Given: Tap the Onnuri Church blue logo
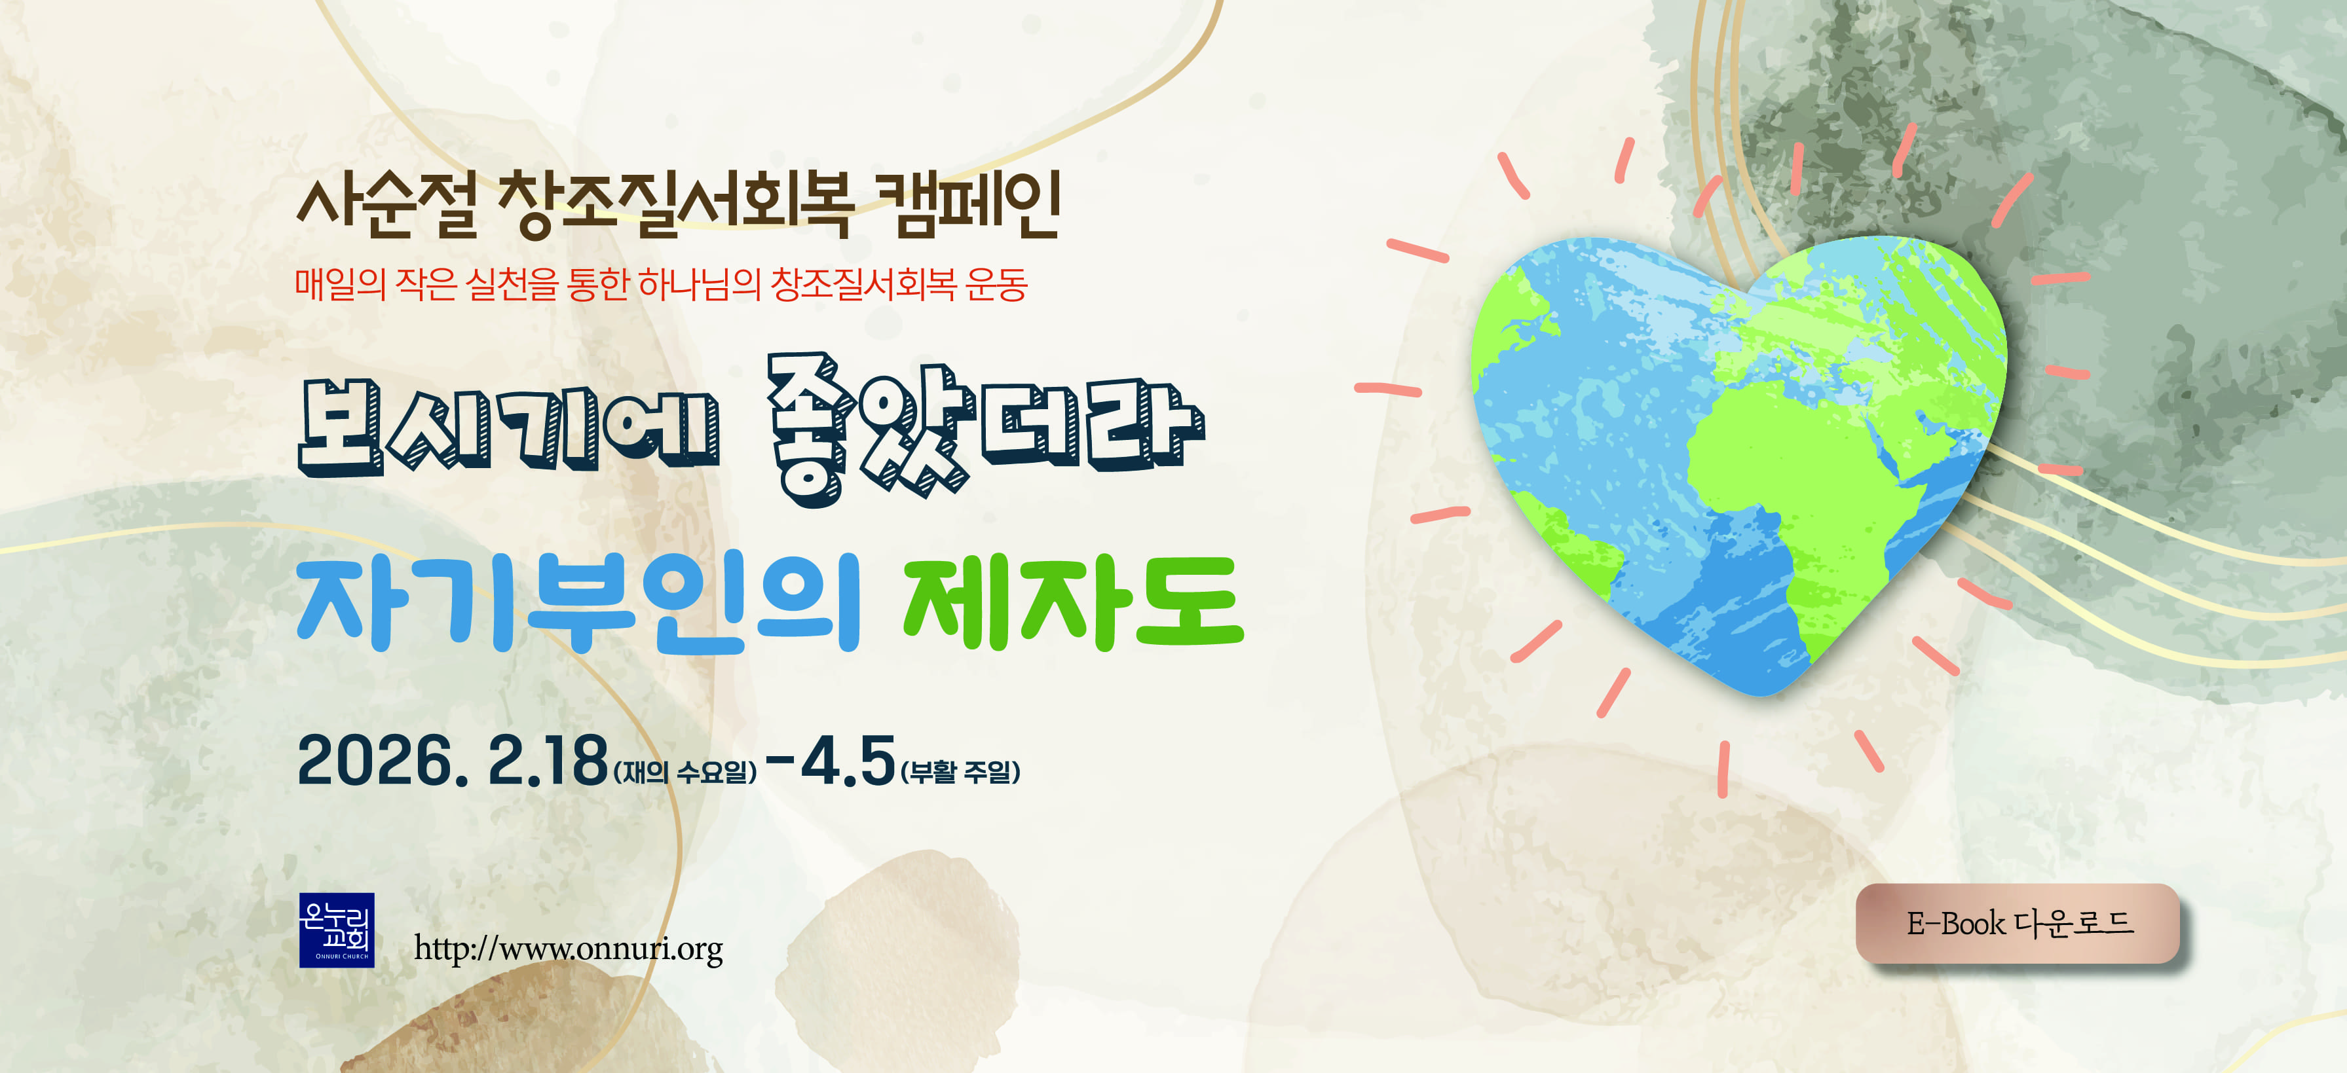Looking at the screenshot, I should point(336,930).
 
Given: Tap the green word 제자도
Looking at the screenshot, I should point(1072,604).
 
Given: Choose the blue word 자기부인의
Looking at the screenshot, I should point(578,604).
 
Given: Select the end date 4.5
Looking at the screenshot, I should point(848,761).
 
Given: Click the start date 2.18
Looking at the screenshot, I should point(548,761).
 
